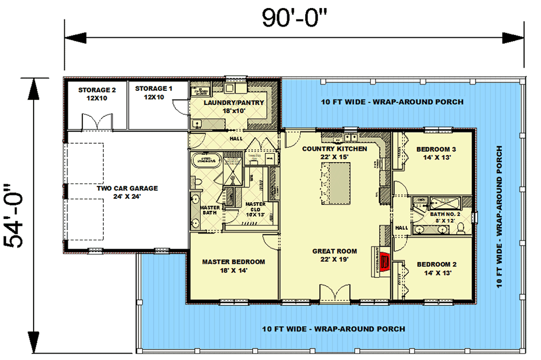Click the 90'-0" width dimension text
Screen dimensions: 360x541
click(295, 18)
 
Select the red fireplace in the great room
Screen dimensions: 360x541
click(385, 262)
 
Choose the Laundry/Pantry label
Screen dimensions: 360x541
click(234, 106)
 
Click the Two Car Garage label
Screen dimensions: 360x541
click(127, 192)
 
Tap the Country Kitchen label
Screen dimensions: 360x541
click(334, 152)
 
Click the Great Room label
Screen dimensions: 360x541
click(334, 255)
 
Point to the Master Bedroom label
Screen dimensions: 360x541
click(234, 266)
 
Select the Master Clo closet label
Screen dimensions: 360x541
click(255, 209)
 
